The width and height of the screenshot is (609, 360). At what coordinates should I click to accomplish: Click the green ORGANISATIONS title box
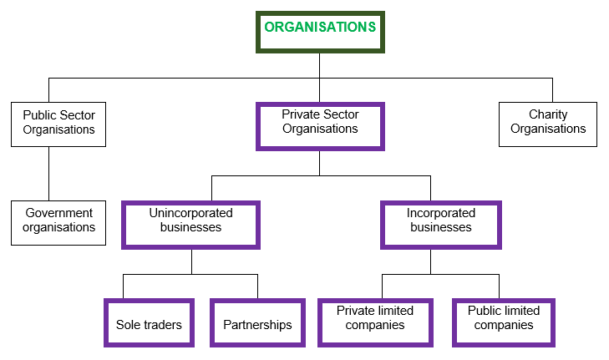pyautogui.click(x=320, y=32)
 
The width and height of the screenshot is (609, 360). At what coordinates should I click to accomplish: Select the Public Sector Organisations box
pyautogui.click(x=58, y=123)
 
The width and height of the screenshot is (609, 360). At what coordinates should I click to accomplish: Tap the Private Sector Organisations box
pyautogui.click(x=320, y=125)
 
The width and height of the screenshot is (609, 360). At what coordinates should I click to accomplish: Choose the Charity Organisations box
pyautogui.click(x=548, y=123)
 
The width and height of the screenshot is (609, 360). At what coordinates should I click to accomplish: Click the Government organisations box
pyautogui.click(x=58, y=221)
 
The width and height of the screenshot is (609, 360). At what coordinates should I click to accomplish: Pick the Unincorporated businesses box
pyautogui.click(x=190, y=223)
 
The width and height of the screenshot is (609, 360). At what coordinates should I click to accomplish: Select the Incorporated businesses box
pyautogui.click(x=440, y=223)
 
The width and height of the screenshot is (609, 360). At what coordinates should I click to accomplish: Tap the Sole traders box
pyautogui.click(x=149, y=322)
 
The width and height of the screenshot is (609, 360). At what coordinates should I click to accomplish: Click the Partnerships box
pyautogui.click(x=257, y=322)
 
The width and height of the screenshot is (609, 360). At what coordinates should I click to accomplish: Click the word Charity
pyautogui.click(x=548, y=115)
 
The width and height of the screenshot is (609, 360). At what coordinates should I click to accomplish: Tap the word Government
pyautogui.click(x=58, y=213)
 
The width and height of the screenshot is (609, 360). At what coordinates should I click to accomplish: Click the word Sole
pyautogui.click(x=128, y=325)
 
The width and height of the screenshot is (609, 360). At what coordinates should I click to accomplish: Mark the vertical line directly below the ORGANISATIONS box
pyautogui.click(x=320, y=66)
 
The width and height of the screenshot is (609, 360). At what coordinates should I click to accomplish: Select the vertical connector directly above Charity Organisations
pyautogui.click(x=551, y=89)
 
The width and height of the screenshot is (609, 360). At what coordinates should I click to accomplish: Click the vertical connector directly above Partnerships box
pyautogui.click(x=257, y=286)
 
